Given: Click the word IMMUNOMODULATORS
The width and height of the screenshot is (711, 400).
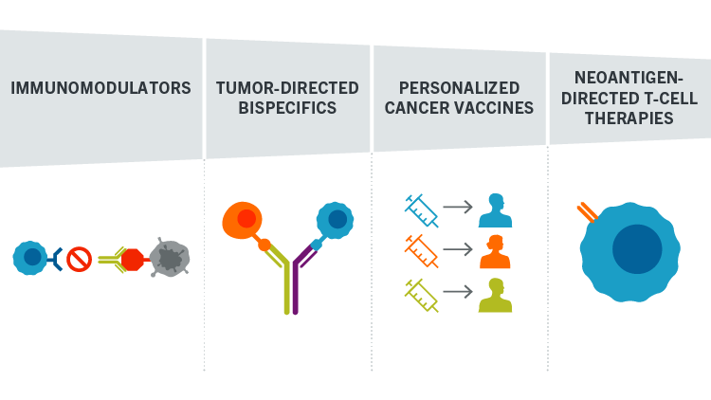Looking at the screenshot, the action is click(100, 88).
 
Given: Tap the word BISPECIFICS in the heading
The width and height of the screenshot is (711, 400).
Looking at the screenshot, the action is click(287, 108).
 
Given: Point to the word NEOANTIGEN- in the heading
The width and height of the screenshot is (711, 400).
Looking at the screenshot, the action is click(629, 78).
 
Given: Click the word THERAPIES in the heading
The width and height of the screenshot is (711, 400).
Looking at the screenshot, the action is click(629, 118).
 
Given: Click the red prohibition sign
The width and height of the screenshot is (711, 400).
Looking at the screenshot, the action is click(80, 260).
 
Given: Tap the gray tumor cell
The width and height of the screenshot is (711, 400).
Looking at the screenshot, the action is click(170, 257).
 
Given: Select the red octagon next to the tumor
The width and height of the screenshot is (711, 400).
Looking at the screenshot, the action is click(133, 260).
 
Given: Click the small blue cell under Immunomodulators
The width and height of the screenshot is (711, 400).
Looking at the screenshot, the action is click(30, 258).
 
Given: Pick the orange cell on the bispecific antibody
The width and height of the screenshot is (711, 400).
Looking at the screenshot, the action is click(243, 220).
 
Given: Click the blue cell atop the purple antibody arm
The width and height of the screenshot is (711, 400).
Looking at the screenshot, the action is click(335, 220).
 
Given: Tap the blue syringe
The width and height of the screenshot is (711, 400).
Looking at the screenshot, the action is click(421, 210).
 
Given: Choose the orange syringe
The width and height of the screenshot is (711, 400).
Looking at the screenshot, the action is click(421, 251).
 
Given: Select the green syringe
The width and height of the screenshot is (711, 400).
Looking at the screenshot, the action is click(421, 296).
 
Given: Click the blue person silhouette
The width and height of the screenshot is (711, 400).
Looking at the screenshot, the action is click(496, 210).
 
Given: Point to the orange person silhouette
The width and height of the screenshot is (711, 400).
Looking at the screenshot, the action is click(495, 252).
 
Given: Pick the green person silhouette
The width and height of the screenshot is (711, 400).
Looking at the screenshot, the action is click(496, 295).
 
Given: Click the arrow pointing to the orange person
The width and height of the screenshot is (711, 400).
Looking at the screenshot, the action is click(458, 249).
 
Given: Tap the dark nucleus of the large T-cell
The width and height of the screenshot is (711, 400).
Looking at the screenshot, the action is click(637, 249).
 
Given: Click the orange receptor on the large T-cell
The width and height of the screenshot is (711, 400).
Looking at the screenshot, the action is click(587, 212).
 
